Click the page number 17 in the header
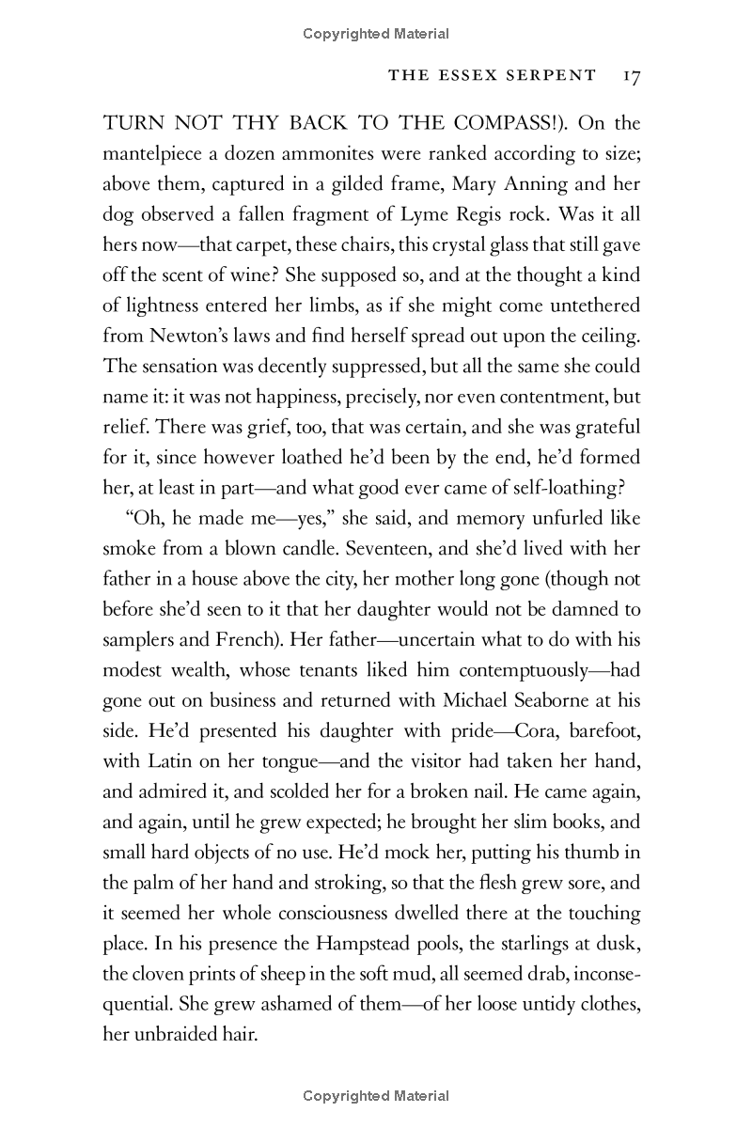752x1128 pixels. [x=630, y=75]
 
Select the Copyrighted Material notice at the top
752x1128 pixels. [x=376, y=34]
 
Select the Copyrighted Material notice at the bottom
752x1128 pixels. [x=376, y=1096]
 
